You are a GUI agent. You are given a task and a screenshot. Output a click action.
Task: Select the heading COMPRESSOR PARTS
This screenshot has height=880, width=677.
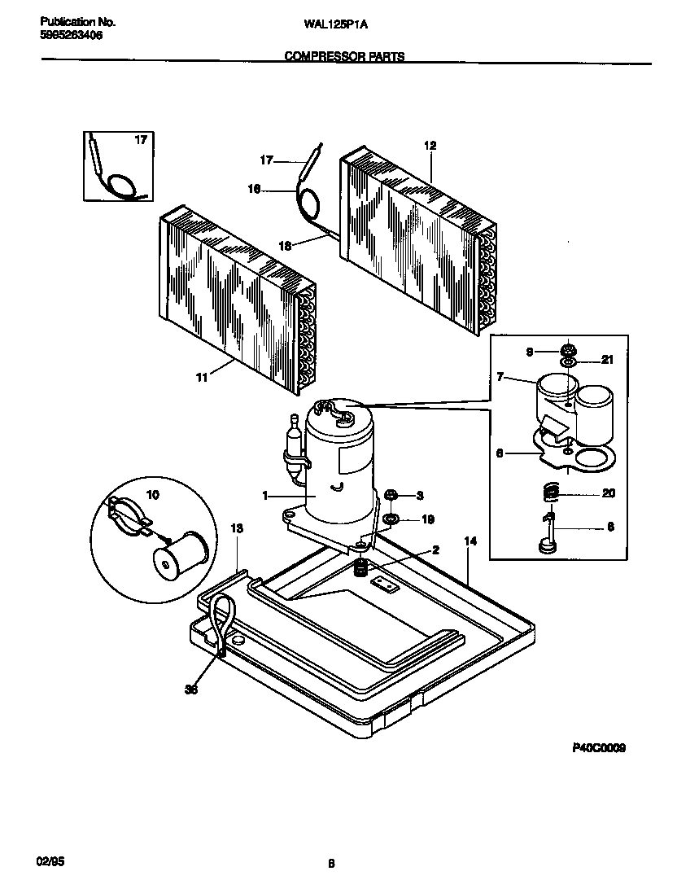point(344,57)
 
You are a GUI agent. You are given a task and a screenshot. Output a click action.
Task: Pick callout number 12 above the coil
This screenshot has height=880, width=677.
point(430,146)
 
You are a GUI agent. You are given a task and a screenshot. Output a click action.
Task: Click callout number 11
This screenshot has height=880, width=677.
point(201,377)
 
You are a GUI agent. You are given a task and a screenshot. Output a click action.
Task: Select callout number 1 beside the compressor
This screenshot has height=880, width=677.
point(265,495)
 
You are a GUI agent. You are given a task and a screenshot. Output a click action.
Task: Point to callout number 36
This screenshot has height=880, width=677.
point(192,690)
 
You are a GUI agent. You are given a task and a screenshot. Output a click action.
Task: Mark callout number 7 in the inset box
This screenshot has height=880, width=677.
point(502,377)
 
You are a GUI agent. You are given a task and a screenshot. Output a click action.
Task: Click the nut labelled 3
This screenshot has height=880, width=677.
point(390,494)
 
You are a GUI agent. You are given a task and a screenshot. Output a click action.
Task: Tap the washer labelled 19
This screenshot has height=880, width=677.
point(391,519)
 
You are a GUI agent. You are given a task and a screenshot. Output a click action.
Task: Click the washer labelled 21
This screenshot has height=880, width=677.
point(568,361)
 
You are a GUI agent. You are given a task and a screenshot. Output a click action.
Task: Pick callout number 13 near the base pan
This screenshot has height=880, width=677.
point(237,528)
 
